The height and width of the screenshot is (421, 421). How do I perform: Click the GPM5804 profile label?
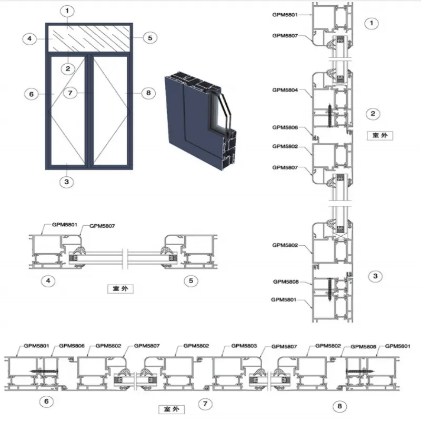pyautogui.click(x=285, y=90)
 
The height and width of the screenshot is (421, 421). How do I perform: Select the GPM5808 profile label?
pyautogui.click(x=286, y=282)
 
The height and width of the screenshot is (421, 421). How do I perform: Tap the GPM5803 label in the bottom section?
pyautogui.click(x=244, y=346)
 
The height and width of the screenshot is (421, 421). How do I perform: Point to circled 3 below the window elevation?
pyautogui.click(x=67, y=182)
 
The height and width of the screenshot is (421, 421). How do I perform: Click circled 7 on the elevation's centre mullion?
pyautogui.click(x=71, y=93)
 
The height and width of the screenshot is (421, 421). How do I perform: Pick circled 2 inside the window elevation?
pyautogui.click(x=68, y=69)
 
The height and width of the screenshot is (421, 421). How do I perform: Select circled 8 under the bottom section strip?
pyautogui.click(x=339, y=406)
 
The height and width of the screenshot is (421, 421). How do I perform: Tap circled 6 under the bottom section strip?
pyautogui.click(x=46, y=402)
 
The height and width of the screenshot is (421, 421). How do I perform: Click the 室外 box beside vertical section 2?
pyautogui.click(x=379, y=135)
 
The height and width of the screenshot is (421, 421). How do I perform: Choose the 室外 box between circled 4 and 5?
pyautogui.click(x=121, y=288)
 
